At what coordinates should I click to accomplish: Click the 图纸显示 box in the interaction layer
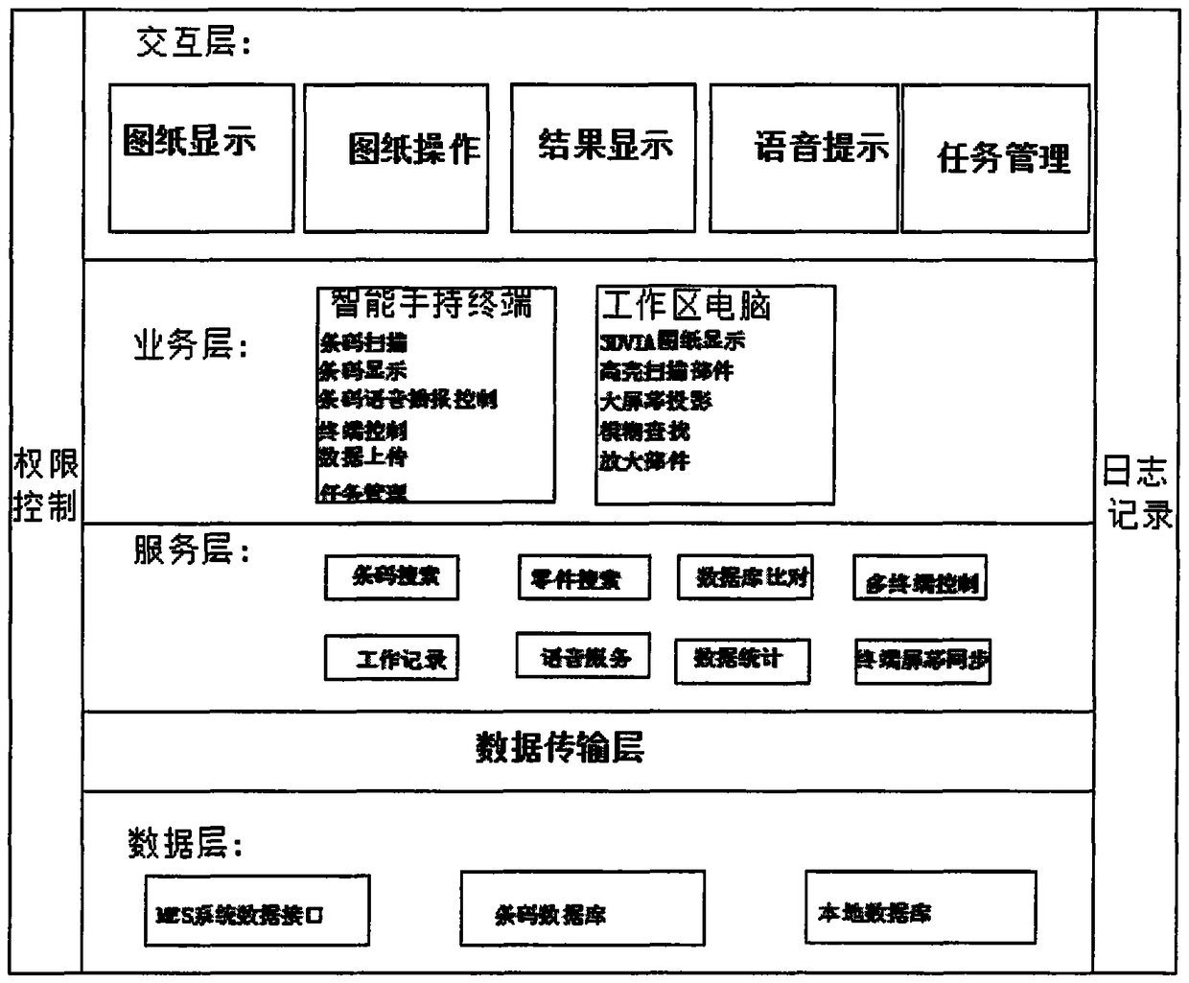[x=201, y=158]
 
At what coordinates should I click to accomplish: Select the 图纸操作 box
[x=396, y=158]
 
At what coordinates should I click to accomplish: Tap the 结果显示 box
[x=603, y=158]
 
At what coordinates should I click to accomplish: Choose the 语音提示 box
[x=804, y=158]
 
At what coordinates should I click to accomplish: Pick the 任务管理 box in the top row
[x=995, y=159]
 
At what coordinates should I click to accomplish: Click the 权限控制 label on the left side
[x=46, y=486]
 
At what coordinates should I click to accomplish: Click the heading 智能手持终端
[x=431, y=304]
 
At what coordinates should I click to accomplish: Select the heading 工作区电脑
[x=686, y=306]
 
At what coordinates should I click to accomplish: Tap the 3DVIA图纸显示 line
[x=672, y=340]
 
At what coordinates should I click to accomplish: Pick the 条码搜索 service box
[x=391, y=577]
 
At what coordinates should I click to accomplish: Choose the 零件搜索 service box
[x=583, y=577]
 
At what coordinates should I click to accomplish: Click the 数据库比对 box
[x=745, y=577]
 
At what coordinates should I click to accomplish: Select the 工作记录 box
[x=391, y=659]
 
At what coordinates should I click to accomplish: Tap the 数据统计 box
[x=742, y=661]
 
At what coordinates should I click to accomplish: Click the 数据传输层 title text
[x=560, y=747]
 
